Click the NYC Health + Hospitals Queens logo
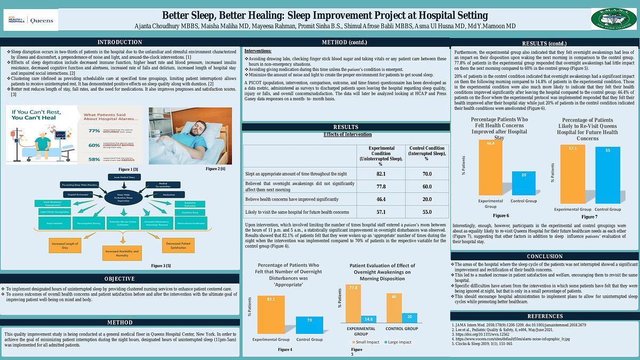click(30, 20)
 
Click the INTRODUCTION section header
click(119, 42)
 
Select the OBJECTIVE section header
click(119, 278)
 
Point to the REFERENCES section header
click(545, 316)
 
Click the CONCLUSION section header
click(545, 256)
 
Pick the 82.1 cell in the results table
click(381, 174)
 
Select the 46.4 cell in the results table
click(381, 199)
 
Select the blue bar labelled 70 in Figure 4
click(309, 325)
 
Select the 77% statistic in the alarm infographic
click(94, 130)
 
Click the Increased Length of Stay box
click(65, 246)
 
